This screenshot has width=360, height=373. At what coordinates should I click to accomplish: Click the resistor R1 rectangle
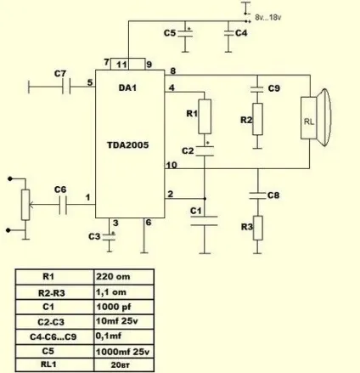(x=205, y=116)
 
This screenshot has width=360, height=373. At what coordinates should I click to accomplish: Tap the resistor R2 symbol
(x=257, y=119)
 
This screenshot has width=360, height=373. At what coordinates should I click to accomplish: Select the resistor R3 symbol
(x=258, y=228)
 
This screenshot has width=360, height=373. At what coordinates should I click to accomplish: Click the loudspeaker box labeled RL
(x=308, y=118)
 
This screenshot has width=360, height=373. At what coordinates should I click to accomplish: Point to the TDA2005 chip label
(x=128, y=145)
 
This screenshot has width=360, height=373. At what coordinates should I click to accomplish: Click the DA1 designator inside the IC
(x=127, y=88)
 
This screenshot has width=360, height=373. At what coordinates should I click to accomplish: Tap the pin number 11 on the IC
(x=121, y=65)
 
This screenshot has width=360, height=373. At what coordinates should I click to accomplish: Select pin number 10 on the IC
(x=172, y=165)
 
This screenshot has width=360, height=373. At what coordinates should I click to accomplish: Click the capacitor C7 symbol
(x=66, y=86)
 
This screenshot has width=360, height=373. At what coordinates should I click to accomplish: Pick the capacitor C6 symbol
(x=63, y=205)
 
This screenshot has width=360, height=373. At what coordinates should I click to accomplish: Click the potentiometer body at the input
(x=25, y=205)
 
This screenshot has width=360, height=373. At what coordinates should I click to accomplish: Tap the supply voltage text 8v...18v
(x=268, y=18)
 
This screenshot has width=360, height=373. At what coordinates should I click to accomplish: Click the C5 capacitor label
(x=170, y=33)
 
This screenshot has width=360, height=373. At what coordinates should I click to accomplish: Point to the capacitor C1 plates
(x=204, y=221)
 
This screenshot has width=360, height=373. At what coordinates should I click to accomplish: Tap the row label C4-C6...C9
(x=53, y=336)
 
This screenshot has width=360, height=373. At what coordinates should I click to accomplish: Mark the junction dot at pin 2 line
(x=205, y=199)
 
